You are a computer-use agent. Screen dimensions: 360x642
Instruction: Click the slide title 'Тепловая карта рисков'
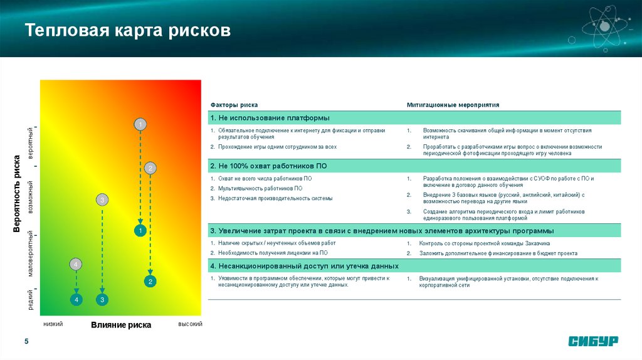coord(128,31)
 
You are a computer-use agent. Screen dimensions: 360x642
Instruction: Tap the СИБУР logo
coord(593,341)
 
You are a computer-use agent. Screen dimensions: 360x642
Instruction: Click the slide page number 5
coord(26,341)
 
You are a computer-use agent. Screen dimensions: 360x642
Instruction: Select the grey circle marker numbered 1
coord(140,124)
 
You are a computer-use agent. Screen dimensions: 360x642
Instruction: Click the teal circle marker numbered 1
coord(140,231)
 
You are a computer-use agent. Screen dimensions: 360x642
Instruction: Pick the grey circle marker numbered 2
coord(150,168)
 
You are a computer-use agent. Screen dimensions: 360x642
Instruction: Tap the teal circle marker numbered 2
coord(150,282)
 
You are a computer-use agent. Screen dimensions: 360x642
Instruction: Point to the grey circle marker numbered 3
coord(102,200)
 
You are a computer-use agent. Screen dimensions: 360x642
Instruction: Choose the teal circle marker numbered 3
coord(102,300)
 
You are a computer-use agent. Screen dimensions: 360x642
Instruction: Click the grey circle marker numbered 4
coord(76,265)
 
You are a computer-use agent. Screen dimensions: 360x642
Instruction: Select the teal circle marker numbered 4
coord(76,300)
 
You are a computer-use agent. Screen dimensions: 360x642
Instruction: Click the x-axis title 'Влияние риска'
coord(121,325)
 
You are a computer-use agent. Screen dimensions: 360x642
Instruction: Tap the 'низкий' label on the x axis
coord(53,324)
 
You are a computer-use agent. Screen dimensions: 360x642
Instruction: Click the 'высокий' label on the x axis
coord(190,324)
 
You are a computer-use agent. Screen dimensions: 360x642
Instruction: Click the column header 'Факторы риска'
coord(234,105)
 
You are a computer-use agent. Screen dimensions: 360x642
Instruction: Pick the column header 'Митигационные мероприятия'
coord(453,105)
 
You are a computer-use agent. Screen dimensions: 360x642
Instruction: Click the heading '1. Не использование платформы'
coord(270,118)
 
